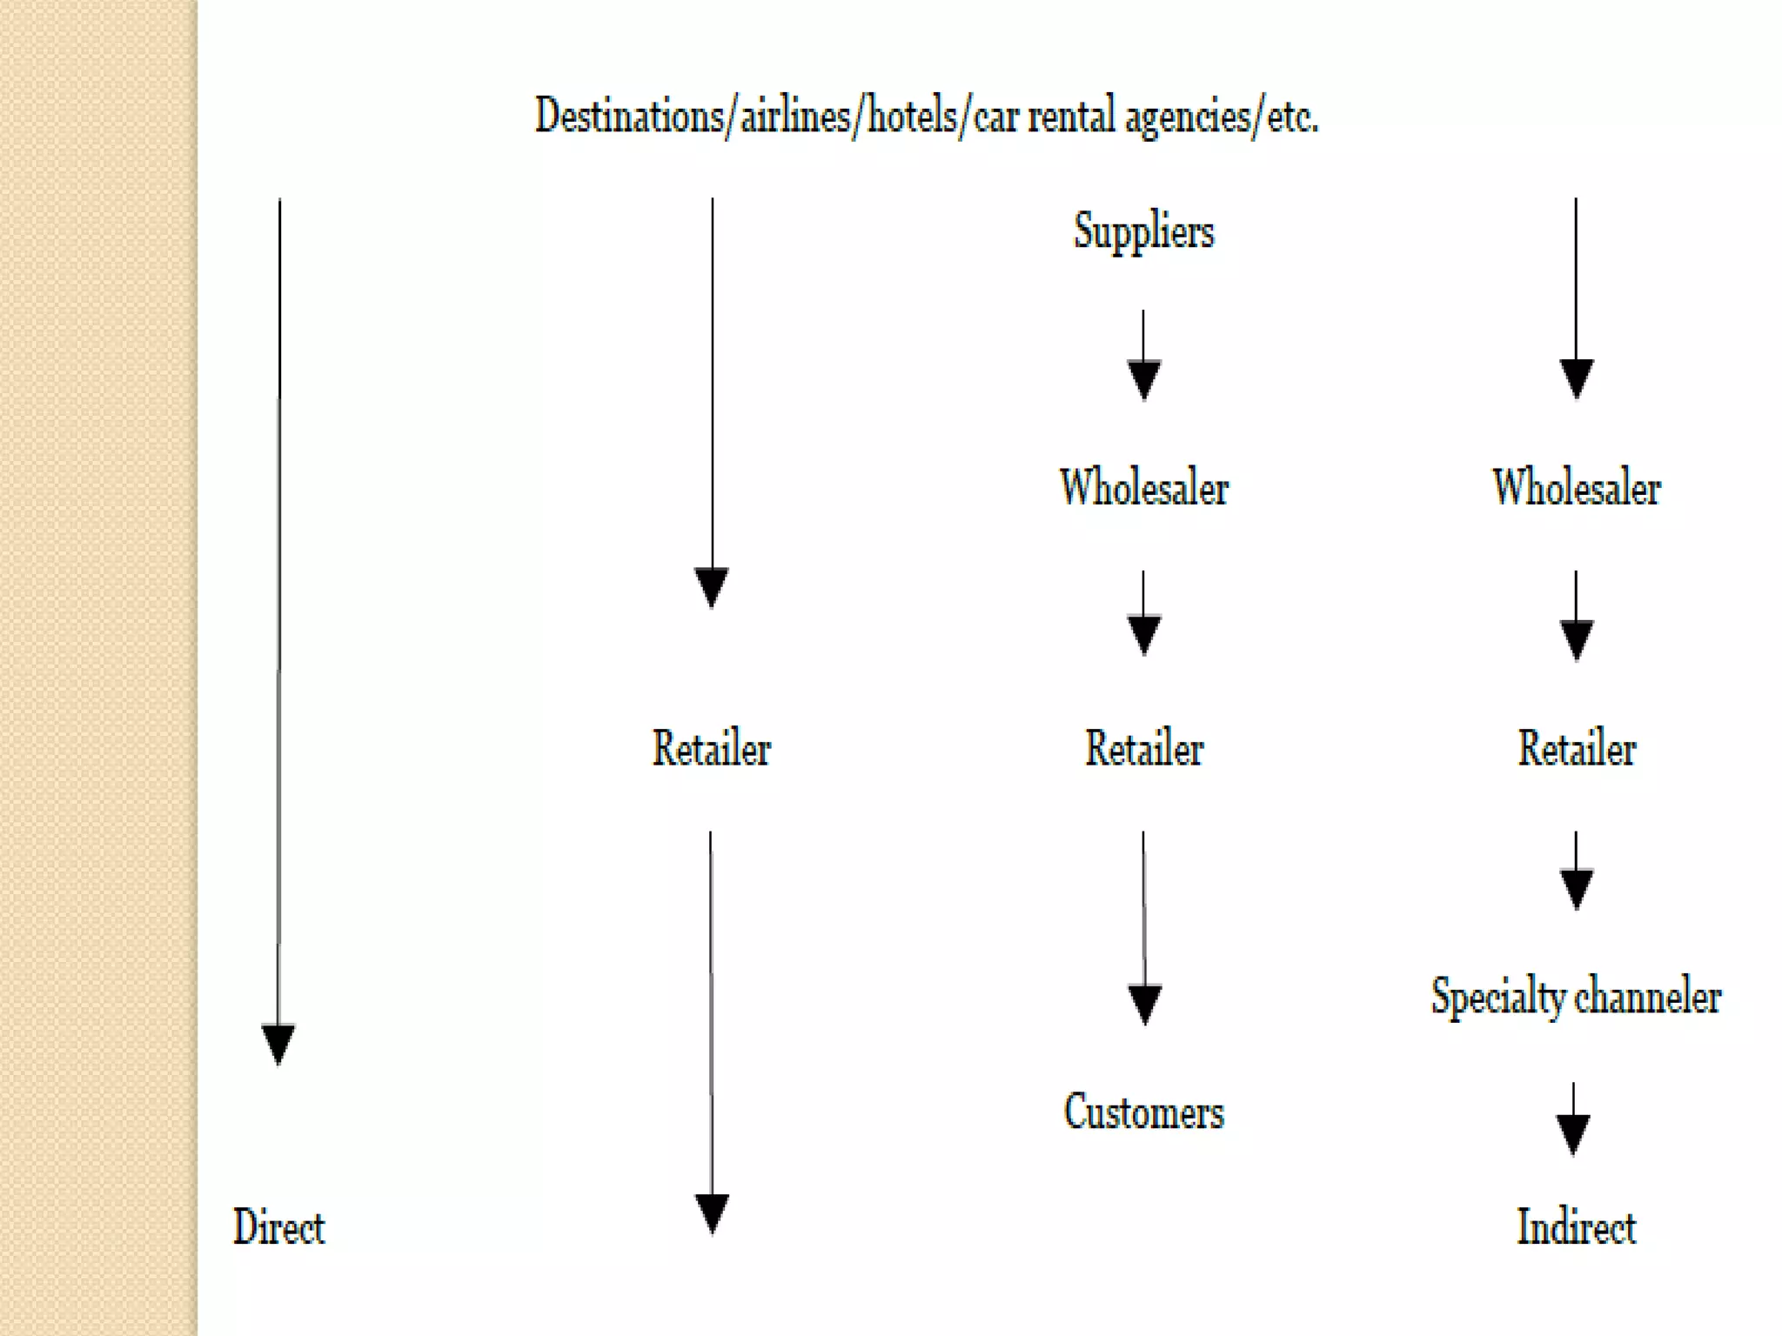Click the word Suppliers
coord(1143,231)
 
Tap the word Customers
coord(1143,1112)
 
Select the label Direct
coord(278,1227)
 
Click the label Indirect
coord(1576,1227)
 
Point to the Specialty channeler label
coord(1576,996)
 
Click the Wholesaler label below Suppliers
coord(1143,487)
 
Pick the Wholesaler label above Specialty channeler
coord(1576,487)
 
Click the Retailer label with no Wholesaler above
coord(711,748)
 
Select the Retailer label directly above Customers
coord(1143,748)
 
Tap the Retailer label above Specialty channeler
coord(1576,748)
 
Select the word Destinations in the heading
coord(628,116)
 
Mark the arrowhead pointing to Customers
coord(1144,1004)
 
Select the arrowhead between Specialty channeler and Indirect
coord(1572,1133)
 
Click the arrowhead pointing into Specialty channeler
coord(1576,888)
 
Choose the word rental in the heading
coord(1070,116)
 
